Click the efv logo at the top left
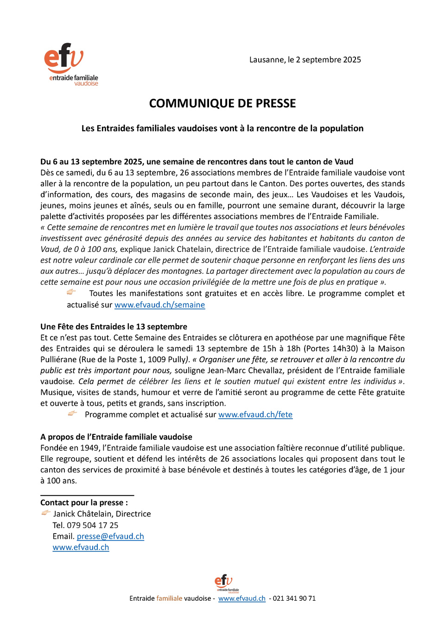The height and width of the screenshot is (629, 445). tap(71, 64)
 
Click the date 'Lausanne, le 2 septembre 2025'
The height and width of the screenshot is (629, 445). tap(305, 60)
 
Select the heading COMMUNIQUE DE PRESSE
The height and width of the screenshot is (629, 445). tap(222, 103)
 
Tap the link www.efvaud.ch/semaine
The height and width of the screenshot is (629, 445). tap(159, 305)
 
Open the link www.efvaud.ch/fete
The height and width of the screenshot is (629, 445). tap(255, 415)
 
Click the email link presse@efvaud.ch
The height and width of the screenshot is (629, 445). tap(110, 536)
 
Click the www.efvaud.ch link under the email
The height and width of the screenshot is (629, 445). tap(81, 547)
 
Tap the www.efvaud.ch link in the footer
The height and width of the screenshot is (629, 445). tap(242, 598)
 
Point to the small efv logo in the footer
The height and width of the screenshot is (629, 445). tap(223, 583)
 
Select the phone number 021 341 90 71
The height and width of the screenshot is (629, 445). tap(294, 598)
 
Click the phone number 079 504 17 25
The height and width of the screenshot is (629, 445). tap(93, 525)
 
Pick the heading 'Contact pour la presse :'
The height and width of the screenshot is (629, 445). tap(84, 503)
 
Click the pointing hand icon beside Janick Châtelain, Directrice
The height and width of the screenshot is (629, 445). tap(46, 513)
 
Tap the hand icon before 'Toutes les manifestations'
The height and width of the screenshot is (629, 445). tap(71, 292)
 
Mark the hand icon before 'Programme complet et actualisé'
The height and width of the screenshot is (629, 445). tap(72, 413)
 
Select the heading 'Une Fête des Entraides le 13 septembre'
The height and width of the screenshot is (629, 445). tap(114, 327)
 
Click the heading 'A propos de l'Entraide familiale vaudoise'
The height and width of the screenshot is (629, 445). tap(116, 437)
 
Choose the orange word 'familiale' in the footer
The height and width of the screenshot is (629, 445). tap(169, 598)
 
